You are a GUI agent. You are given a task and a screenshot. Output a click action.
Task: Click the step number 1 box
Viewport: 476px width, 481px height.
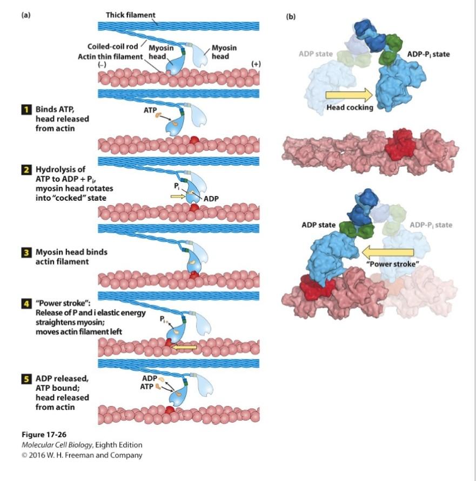coord(24,110)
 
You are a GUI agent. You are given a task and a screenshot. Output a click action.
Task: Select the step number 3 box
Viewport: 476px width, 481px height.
coord(24,253)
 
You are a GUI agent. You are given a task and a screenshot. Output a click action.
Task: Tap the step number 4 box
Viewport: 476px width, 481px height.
coord(24,300)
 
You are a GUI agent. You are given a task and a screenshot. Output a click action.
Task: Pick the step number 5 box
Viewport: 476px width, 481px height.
coord(24,378)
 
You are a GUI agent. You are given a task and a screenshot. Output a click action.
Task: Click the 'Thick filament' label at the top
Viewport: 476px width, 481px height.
coord(130,15)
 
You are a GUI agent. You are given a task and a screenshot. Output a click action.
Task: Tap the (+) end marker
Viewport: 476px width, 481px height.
coord(256,64)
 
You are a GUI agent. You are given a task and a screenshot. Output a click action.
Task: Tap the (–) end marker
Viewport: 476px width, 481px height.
coord(102,65)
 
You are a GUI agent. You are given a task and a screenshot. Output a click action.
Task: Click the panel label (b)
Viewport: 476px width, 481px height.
coord(291,17)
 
